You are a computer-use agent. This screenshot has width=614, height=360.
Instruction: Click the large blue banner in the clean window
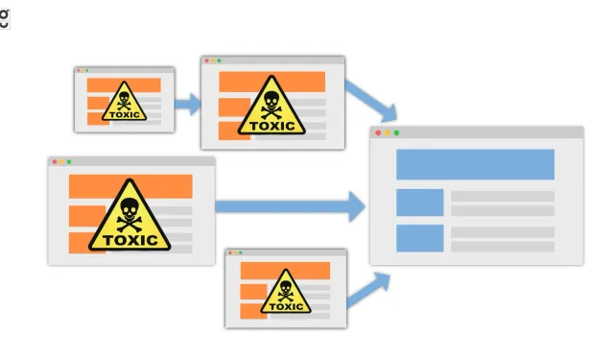(x=475, y=164)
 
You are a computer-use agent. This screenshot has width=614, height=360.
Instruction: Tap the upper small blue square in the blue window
(x=420, y=203)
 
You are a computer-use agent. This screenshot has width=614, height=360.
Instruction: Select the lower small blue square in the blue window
(x=420, y=238)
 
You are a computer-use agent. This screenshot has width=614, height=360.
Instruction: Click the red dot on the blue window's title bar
(x=378, y=132)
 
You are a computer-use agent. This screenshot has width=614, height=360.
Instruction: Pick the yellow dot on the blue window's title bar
(x=387, y=132)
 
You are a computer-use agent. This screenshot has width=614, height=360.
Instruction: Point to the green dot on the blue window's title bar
(x=396, y=132)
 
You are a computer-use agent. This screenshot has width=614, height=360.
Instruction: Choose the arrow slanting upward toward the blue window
(x=369, y=289)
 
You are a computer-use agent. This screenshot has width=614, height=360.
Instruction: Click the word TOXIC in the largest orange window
(x=130, y=240)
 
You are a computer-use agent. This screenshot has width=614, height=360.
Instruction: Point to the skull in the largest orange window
(x=129, y=211)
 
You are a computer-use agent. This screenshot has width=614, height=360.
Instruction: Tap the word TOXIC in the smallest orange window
(x=125, y=115)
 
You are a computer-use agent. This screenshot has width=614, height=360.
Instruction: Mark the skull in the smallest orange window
(x=125, y=98)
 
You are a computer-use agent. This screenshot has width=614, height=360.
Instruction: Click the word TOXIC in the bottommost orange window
(x=286, y=306)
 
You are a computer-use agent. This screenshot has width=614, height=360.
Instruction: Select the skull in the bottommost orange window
(x=286, y=287)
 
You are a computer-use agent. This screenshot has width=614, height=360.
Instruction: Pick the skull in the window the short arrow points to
(x=272, y=100)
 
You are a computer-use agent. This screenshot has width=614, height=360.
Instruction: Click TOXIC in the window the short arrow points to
(x=272, y=124)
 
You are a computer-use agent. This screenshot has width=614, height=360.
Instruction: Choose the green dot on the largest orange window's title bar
(x=69, y=162)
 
